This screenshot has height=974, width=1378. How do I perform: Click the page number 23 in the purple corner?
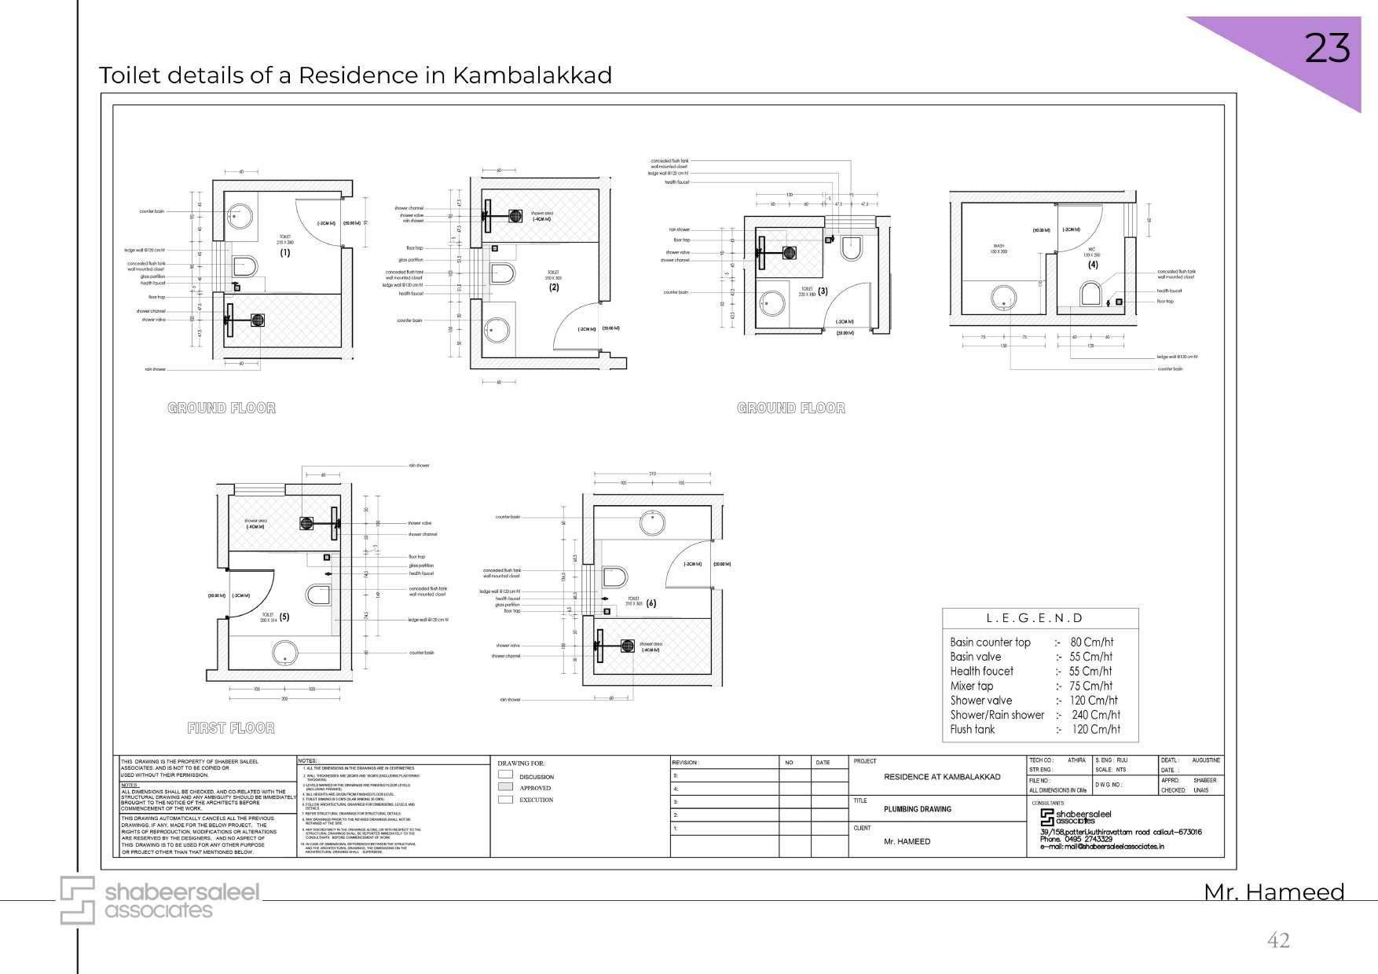[1327, 49]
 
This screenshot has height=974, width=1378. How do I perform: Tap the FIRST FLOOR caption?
[230, 728]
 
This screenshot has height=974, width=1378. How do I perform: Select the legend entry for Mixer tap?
[972, 686]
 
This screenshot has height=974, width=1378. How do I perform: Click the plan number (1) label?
[284, 252]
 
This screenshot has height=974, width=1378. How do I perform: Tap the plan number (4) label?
[1093, 265]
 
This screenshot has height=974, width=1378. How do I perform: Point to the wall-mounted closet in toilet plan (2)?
[502, 274]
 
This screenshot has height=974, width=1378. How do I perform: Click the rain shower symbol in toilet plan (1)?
[258, 320]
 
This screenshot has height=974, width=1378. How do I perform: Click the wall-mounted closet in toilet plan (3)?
[851, 248]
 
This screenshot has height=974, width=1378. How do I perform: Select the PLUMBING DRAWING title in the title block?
[917, 809]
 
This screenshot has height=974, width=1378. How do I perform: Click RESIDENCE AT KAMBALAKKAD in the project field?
[942, 777]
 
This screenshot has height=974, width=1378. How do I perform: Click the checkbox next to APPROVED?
[505, 787]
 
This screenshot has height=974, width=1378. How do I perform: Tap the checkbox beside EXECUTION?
[505, 800]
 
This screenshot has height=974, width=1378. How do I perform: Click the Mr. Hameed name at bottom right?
[1274, 892]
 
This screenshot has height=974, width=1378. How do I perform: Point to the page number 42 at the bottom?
[1278, 939]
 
